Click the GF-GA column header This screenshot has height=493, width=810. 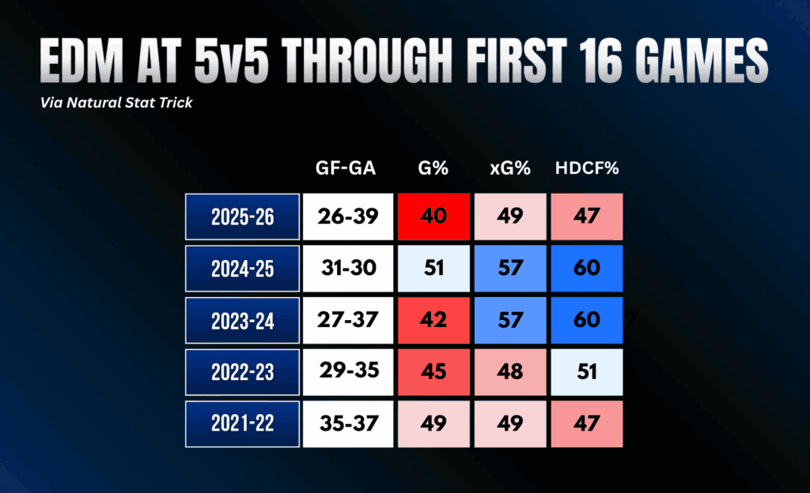click(x=346, y=168)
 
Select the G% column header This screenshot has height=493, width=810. click(x=433, y=168)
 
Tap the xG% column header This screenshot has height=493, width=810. click(x=510, y=168)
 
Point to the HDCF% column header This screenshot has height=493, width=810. click(x=587, y=168)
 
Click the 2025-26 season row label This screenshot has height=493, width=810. click(x=242, y=216)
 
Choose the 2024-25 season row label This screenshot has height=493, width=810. click(x=242, y=269)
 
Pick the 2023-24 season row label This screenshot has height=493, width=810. click(x=242, y=320)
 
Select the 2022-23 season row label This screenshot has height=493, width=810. click(x=242, y=372)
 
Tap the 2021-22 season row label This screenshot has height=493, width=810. click(x=242, y=424)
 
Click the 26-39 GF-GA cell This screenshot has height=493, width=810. click(x=348, y=216)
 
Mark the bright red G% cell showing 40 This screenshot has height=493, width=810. click(x=433, y=216)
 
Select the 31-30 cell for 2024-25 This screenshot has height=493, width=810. click(x=348, y=269)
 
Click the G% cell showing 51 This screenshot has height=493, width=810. click(x=433, y=269)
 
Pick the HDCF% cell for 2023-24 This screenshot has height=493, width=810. click(x=587, y=320)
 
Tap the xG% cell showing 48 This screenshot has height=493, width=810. click(x=510, y=372)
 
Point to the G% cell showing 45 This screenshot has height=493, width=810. click(x=433, y=372)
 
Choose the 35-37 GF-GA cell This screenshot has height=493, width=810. click(x=348, y=424)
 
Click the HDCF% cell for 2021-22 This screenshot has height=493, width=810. click(x=587, y=424)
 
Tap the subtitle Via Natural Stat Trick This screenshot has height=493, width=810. click(x=116, y=103)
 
